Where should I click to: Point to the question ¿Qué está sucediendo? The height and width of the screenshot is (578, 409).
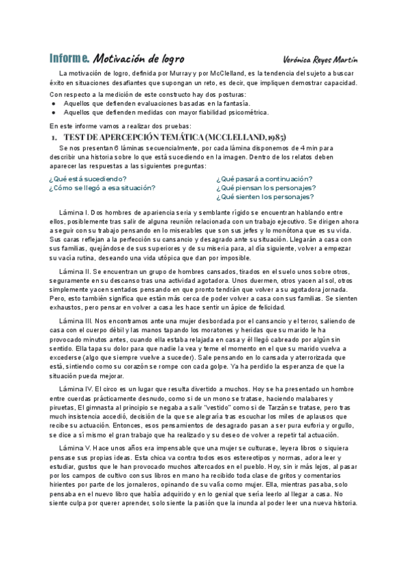[x=87, y=179]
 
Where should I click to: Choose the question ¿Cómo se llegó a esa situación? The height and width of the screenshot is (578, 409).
[x=102, y=187]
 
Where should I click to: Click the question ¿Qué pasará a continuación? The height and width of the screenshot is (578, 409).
[x=264, y=179]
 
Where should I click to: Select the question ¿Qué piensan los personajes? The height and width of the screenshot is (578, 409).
[x=266, y=187]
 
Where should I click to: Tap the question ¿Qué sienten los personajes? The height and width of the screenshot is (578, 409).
[x=265, y=197]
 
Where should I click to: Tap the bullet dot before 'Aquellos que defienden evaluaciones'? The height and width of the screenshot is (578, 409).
[x=54, y=103]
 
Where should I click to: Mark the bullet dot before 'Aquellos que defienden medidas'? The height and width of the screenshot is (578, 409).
[x=54, y=112]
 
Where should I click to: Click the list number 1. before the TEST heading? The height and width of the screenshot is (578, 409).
[x=54, y=137]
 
